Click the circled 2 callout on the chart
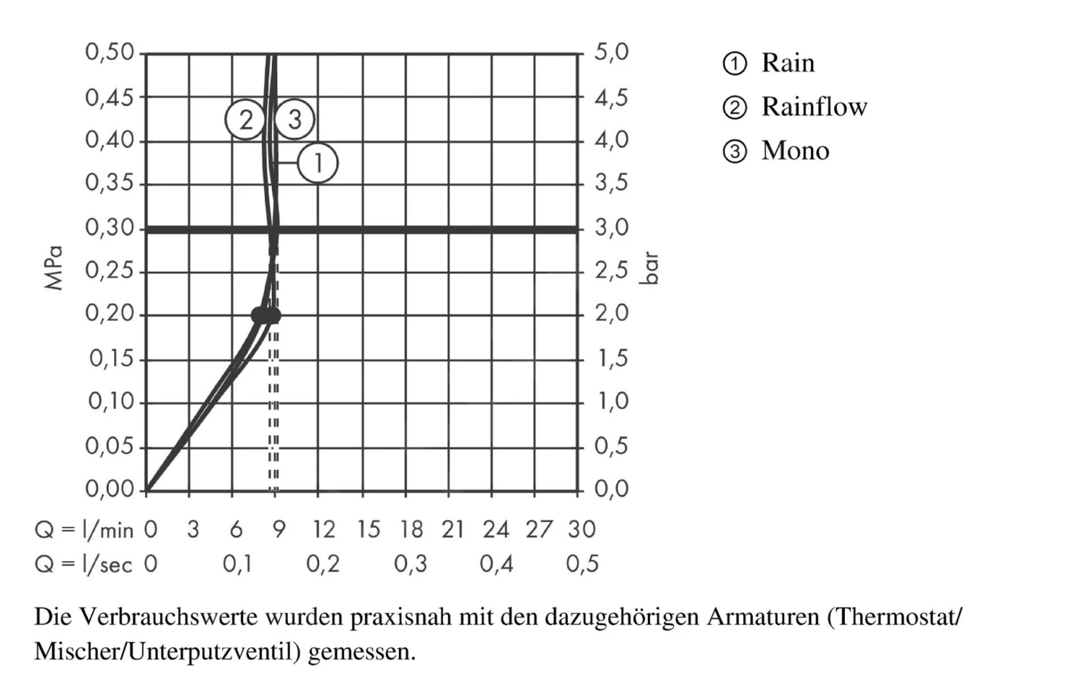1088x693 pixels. point(245,120)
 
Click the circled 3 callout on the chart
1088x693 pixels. point(294,120)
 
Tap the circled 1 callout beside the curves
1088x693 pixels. point(318,163)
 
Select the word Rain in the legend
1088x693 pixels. point(788,63)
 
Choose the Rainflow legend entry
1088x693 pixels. point(814,107)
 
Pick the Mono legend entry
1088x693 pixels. point(795,151)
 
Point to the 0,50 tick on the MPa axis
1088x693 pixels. point(110,52)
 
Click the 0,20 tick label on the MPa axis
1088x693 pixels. point(110,314)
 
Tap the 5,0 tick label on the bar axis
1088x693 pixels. point(611,52)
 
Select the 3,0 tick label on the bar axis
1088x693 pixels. point(611,228)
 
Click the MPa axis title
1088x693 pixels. point(54,268)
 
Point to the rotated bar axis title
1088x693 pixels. point(650,268)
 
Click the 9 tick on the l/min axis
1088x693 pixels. point(279,530)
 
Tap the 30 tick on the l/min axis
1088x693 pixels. point(582,530)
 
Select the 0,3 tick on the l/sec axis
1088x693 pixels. point(411,564)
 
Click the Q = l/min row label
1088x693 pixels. point(84,530)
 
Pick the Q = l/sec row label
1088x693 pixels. point(84,564)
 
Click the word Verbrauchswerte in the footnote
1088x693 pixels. point(168,618)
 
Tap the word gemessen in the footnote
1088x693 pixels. point(361,652)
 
